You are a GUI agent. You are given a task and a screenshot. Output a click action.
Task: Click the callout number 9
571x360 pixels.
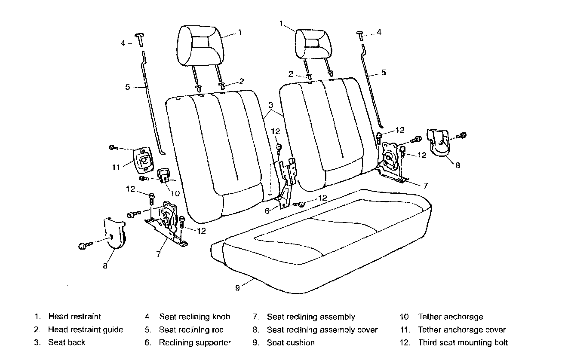[237, 287]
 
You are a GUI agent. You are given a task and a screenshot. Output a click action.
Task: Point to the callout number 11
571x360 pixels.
[116, 168]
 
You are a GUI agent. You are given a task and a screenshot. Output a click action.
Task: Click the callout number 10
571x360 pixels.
[175, 193]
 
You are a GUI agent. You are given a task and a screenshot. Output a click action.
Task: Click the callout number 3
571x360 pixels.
[271, 105]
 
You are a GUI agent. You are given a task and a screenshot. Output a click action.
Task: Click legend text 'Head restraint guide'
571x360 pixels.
[86, 329]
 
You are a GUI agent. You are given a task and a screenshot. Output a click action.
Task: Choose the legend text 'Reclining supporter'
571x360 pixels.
[195, 342]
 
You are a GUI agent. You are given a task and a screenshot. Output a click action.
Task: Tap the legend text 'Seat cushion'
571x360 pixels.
[291, 342]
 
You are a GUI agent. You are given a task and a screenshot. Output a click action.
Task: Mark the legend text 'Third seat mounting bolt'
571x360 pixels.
[463, 342]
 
